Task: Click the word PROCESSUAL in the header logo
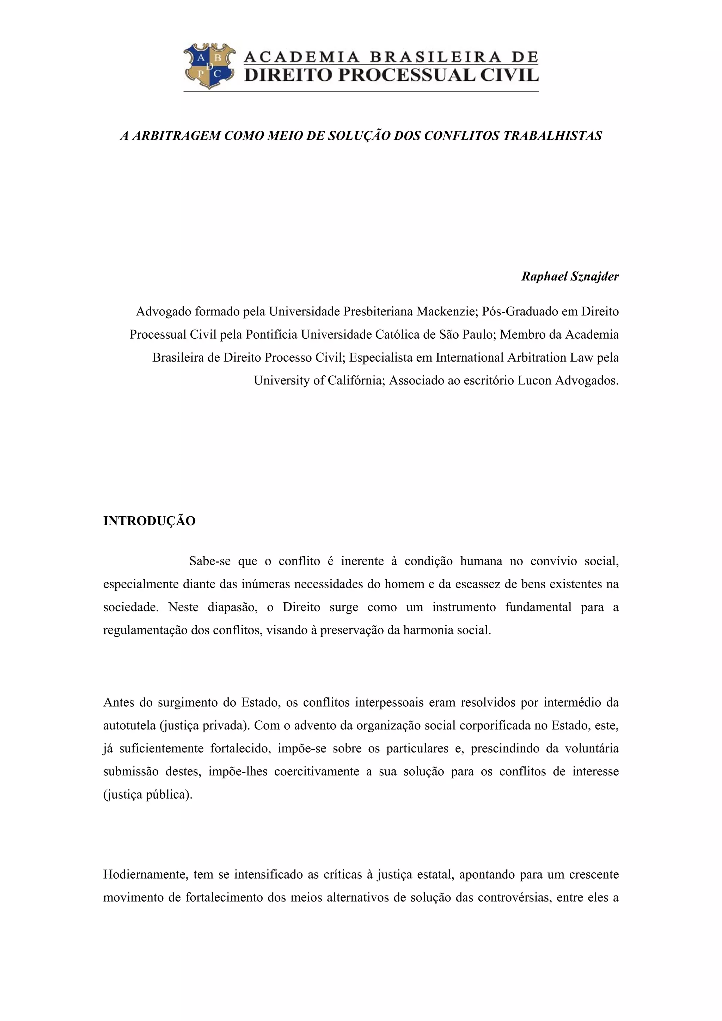pos(396,75)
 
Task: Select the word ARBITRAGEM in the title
pos(176,136)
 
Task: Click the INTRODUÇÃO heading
pos(149,521)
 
